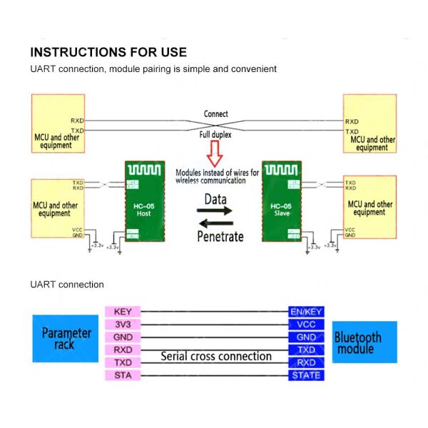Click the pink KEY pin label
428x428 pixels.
coord(123,312)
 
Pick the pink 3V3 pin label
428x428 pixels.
coord(123,324)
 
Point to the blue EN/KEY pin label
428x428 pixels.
coord(306,312)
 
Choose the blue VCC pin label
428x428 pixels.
coord(306,324)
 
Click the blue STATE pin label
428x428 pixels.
coord(306,375)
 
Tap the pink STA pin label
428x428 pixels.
coord(123,375)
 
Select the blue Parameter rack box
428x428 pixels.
coord(66,338)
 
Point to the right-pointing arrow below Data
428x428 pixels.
coord(215,212)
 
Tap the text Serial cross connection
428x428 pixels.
coord(215,356)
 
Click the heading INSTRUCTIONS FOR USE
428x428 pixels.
coord(108,52)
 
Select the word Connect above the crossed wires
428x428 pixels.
coord(215,114)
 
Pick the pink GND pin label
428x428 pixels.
coord(123,337)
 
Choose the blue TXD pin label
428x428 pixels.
coord(306,350)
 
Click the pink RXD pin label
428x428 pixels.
coord(123,350)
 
